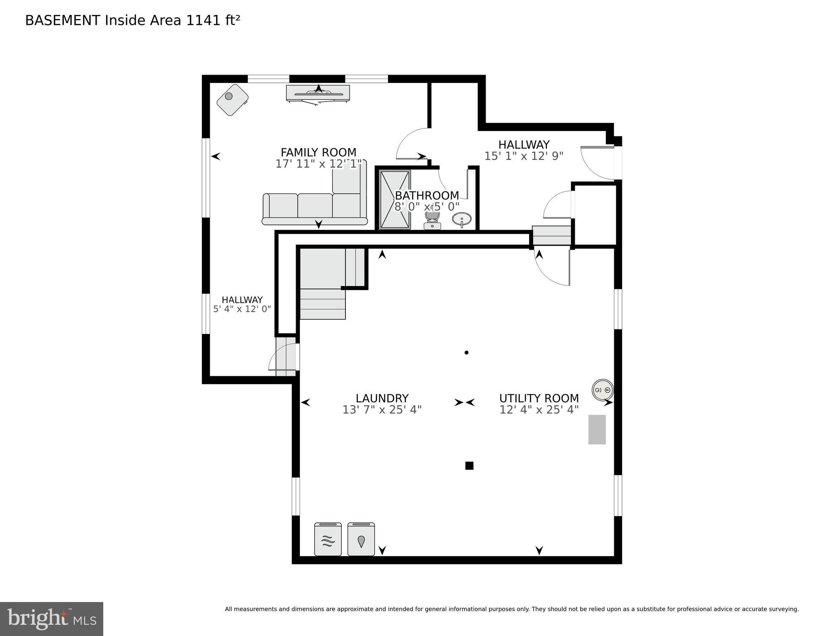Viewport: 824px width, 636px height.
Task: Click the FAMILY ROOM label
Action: tap(318, 152)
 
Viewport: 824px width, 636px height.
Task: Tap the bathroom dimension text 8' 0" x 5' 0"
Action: tap(427, 206)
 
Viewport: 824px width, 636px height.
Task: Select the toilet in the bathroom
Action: tap(432, 219)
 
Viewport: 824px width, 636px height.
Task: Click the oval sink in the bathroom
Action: tap(462, 218)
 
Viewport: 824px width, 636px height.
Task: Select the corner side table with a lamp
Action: tap(232, 99)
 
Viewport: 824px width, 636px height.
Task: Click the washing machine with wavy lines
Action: tap(328, 539)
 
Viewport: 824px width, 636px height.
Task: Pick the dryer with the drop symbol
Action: tap(361, 539)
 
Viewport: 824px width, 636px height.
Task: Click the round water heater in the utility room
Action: tap(602, 390)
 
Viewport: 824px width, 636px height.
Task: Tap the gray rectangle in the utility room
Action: tap(597, 429)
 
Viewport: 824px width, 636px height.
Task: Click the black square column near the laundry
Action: tap(469, 466)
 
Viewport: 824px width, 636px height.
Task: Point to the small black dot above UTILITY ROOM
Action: tap(467, 353)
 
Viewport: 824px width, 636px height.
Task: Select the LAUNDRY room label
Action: tap(382, 398)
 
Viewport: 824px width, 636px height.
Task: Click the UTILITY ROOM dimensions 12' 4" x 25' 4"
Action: tap(539, 410)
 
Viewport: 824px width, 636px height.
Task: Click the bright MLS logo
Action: tap(51, 619)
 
